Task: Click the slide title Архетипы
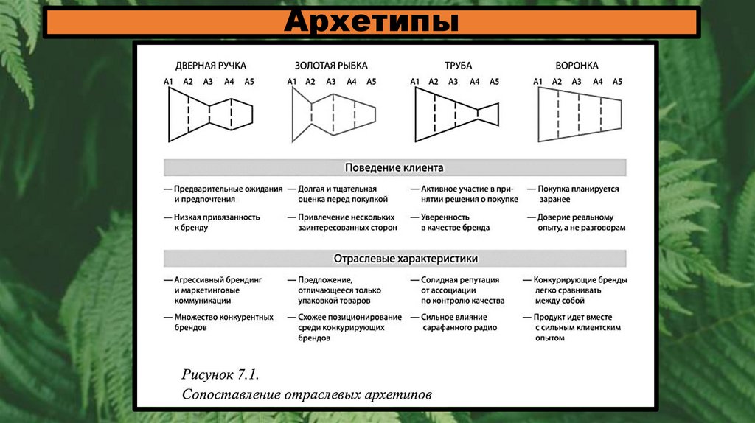pos(371,21)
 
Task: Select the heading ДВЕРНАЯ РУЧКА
pos(210,66)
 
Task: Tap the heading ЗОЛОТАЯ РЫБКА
pos(331,66)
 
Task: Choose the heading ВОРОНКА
pos(577,66)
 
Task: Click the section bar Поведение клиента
pos(394,167)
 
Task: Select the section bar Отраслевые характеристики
pos(394,259)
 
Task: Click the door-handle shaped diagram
pos(210,113)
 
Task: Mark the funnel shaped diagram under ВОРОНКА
pos(580,113)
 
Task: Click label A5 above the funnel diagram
pos(617,81)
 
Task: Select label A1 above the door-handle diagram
pos(168,81)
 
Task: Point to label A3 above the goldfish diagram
pos(331,81)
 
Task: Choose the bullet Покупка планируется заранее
pos(578,194)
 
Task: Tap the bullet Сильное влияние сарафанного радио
pos(459,322)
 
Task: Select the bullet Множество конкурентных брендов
pos(223,322)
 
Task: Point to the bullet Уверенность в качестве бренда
pos(455,223)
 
